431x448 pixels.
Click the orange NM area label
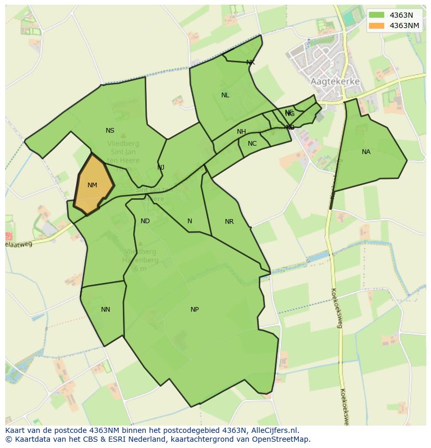coord(92,185)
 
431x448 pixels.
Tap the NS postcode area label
coord(110,131)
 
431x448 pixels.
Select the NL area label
coord(225,95)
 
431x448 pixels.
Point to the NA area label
coord(366,152)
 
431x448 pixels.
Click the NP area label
coord(194,310)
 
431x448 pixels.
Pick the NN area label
coord(105,310)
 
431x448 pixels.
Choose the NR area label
coord(229,222)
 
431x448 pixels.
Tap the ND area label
coord(145,221)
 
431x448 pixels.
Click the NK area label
coord(250,62)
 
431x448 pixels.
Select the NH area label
coord(242,132)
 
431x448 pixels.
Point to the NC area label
coord(252,144)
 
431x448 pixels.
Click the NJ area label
coord(161,168)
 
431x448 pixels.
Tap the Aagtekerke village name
coord(335,82)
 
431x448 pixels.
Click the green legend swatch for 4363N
coord(376,15)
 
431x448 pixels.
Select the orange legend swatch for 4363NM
coord(376,25)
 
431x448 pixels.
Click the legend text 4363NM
coord(404,25)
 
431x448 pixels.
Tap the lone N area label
coord(189,221)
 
